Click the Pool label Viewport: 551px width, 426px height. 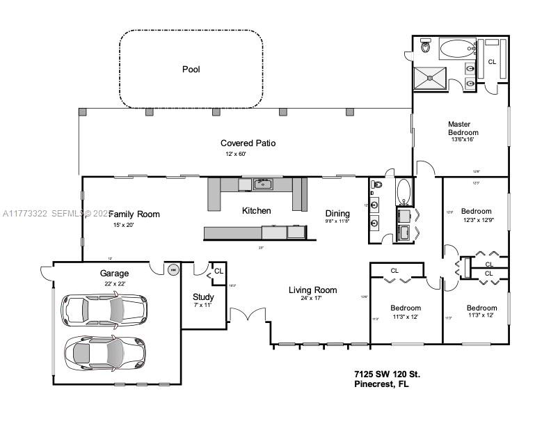tap(191, 69)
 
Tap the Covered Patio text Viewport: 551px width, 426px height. tap(248, 143)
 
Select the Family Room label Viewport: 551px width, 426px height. tap(134, 214)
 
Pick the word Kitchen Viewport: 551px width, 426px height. tap(256, 211)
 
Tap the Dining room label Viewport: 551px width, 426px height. tap(337, 214)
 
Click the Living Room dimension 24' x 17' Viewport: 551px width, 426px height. tap(312, 299)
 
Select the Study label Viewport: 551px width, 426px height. tap(203, 297)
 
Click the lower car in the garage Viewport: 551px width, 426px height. tap(104, 352)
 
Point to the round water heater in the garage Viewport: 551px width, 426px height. tap(172, 269)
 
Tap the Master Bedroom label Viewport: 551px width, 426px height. tap(463, 128)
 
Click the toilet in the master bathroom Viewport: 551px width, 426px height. tap(426, 48)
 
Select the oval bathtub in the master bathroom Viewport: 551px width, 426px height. tap(456, 49)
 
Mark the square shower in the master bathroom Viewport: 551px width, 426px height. tap(430, 79)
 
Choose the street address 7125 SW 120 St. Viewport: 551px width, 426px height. tap(387, 374)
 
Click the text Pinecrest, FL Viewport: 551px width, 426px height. tap(383, 385)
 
